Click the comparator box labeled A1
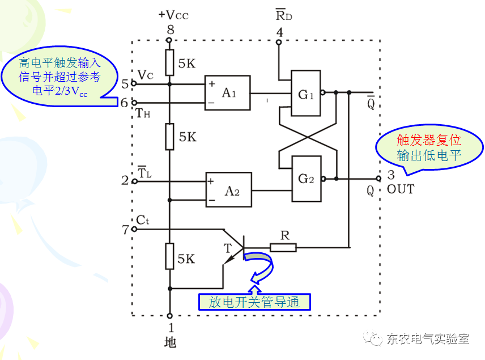(228, 93)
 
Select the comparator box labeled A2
(228, 190)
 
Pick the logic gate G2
(305, 179)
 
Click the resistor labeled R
(283, 247)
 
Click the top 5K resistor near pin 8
(169, 63)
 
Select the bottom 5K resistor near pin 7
(169, 256)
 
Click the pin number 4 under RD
(279, 32)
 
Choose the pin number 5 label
(125, 84)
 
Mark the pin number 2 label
(125, 181)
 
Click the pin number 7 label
(125, 229)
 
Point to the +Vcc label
(173, 15)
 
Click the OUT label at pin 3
(401, 189)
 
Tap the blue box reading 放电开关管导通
(254, 302)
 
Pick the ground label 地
(169, 342)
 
